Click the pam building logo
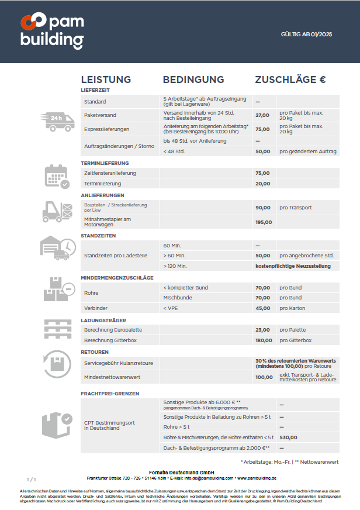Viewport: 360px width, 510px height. (52, 31)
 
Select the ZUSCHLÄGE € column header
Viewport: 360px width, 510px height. (290, 80)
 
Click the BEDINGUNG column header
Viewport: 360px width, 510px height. (193, 80)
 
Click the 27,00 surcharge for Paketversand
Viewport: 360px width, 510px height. (262, 115)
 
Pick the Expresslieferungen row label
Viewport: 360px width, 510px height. (107, 129)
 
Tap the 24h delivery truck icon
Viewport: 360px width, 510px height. (58, 120)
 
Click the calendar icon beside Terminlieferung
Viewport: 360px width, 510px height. (57, 176)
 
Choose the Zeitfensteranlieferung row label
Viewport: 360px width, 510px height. (110, 173)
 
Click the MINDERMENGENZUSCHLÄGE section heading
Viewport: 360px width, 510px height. (117, 277)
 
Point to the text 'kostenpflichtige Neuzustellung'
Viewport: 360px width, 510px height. (293, 266)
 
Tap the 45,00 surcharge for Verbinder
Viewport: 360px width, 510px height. (262, 308)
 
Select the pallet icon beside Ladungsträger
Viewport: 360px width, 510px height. (57, 330)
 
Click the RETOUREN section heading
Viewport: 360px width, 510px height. (95, 352)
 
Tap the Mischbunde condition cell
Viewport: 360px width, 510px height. (178, 298)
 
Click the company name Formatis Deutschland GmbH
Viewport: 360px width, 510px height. (181, 472)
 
